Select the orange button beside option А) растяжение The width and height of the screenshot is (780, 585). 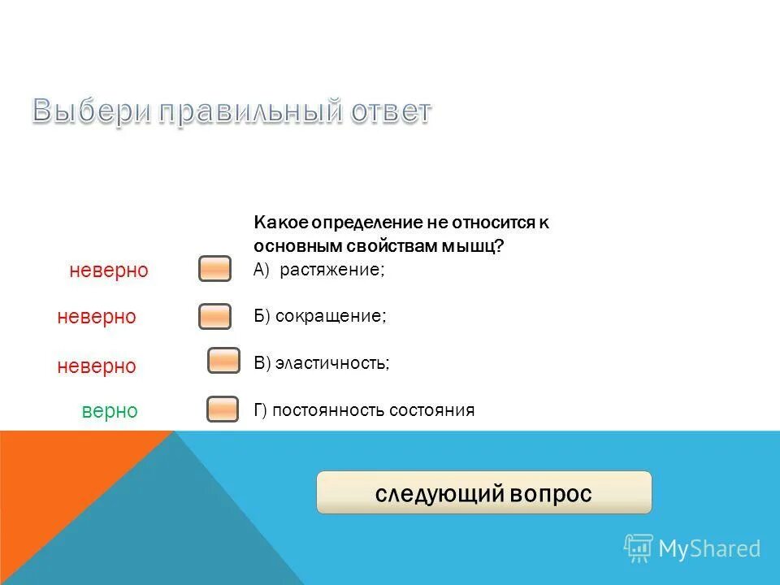[215, 269]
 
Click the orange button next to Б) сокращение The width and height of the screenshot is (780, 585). [215, 316]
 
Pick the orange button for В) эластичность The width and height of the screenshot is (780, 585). [223, 361]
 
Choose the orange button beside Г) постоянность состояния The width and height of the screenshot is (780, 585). [223, 409]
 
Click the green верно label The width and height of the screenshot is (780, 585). [110, 411]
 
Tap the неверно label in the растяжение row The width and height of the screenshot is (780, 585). [109, 271]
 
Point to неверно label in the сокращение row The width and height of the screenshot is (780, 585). [97, 317]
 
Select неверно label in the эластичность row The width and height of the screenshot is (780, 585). [97, 366]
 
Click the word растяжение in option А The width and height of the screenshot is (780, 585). [331, 270]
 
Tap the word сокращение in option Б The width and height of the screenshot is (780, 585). [330, 316]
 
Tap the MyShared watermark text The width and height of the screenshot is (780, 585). [709, 548]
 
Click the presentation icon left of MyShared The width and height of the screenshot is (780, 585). [639, 548]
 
